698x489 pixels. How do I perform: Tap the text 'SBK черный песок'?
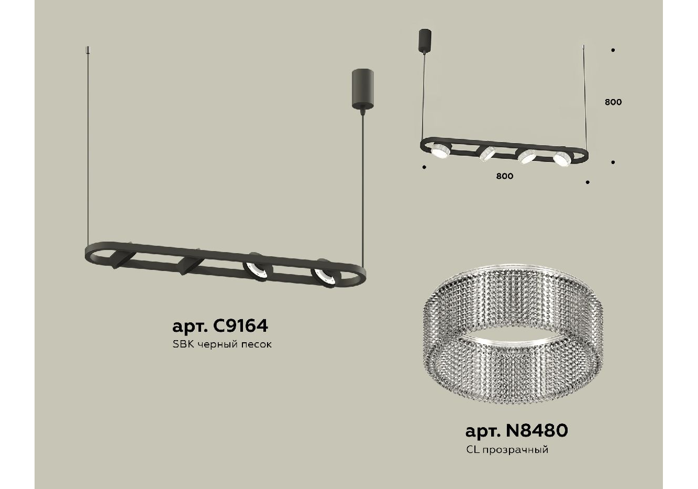click(x=222, y=344)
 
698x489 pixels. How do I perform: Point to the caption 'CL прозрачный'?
click(x=507, y=450)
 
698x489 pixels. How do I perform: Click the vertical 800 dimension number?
click(x=613, y=102)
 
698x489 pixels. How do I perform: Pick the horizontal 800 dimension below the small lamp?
click(x=504, y=176)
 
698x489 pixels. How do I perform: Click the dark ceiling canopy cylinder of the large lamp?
click(x=363, y=89)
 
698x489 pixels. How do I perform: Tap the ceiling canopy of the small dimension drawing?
click(x=425, y=40)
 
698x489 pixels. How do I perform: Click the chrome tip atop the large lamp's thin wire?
click(x=88, y=50)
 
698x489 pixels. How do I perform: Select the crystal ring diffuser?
click(x=513, y=334)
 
